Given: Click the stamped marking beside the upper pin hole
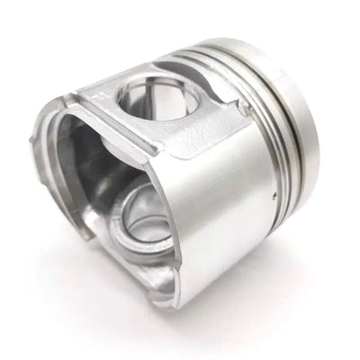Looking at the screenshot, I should pyautogui.click(x=101, y=94).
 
